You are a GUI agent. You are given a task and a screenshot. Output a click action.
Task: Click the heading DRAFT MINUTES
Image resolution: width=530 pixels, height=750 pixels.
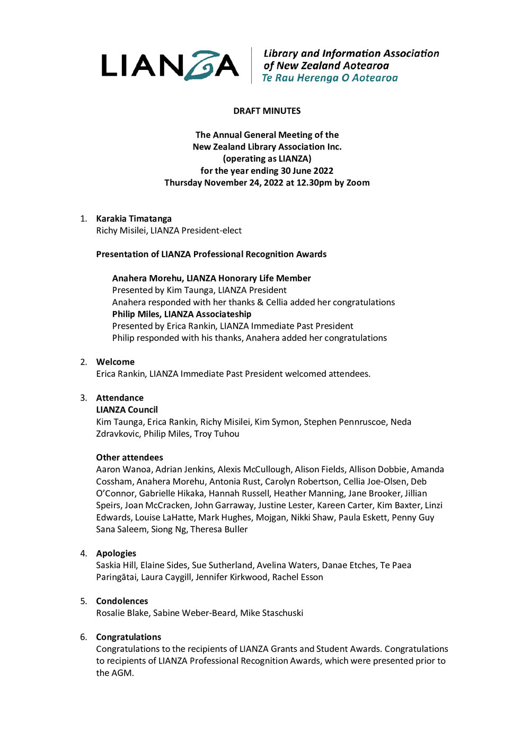tap(267, 111)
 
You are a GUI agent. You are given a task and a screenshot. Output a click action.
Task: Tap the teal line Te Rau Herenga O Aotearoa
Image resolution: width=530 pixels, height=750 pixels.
tap(330, 78)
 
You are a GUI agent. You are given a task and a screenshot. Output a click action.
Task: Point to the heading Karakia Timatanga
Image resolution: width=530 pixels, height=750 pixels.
tap(134, 218)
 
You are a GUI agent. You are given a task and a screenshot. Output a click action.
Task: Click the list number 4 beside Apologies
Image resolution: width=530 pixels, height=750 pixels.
tap(83, 553)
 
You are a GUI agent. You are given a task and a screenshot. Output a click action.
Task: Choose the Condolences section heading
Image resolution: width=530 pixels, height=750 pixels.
tap(122, 601)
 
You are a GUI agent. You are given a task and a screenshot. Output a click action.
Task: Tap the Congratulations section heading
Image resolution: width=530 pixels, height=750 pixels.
tap(128, 637)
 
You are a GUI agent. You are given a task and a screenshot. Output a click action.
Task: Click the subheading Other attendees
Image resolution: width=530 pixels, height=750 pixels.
tap(129, 457)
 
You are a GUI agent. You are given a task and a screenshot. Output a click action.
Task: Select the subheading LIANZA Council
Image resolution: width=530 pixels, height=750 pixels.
tap(127, 410)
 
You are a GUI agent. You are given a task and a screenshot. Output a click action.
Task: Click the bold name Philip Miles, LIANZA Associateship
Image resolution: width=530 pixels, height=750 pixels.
tap(181, 314)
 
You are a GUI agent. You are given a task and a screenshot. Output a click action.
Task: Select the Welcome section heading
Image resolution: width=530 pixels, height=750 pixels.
tap(115, 362)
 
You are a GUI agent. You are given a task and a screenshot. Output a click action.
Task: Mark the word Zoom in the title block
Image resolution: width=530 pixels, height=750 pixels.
tap(358, 183)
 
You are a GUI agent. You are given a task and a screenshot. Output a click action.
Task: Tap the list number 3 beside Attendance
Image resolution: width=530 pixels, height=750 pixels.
tap(83, 398)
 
